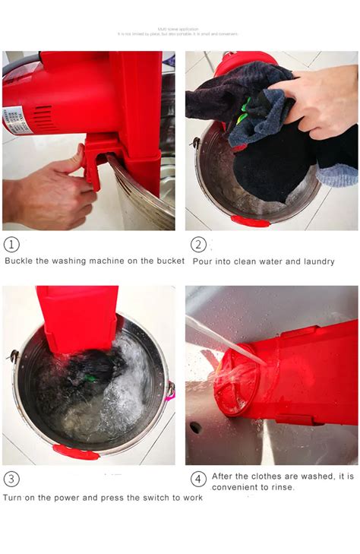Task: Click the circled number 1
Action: pyautogui.click(x=11, y=244)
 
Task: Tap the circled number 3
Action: pyautogui.click(x=11, y=479)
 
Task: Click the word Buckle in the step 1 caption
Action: pyautogui.click(x=21, y=261)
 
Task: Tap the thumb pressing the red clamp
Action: pyautogui.click(x=73, y=160)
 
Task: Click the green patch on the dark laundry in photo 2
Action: pyautogui.click(x=245, y=115)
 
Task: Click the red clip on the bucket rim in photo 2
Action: pyautogui.click(x=251, y=221)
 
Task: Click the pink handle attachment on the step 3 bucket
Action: pyautogui.click(x=170, y=391)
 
